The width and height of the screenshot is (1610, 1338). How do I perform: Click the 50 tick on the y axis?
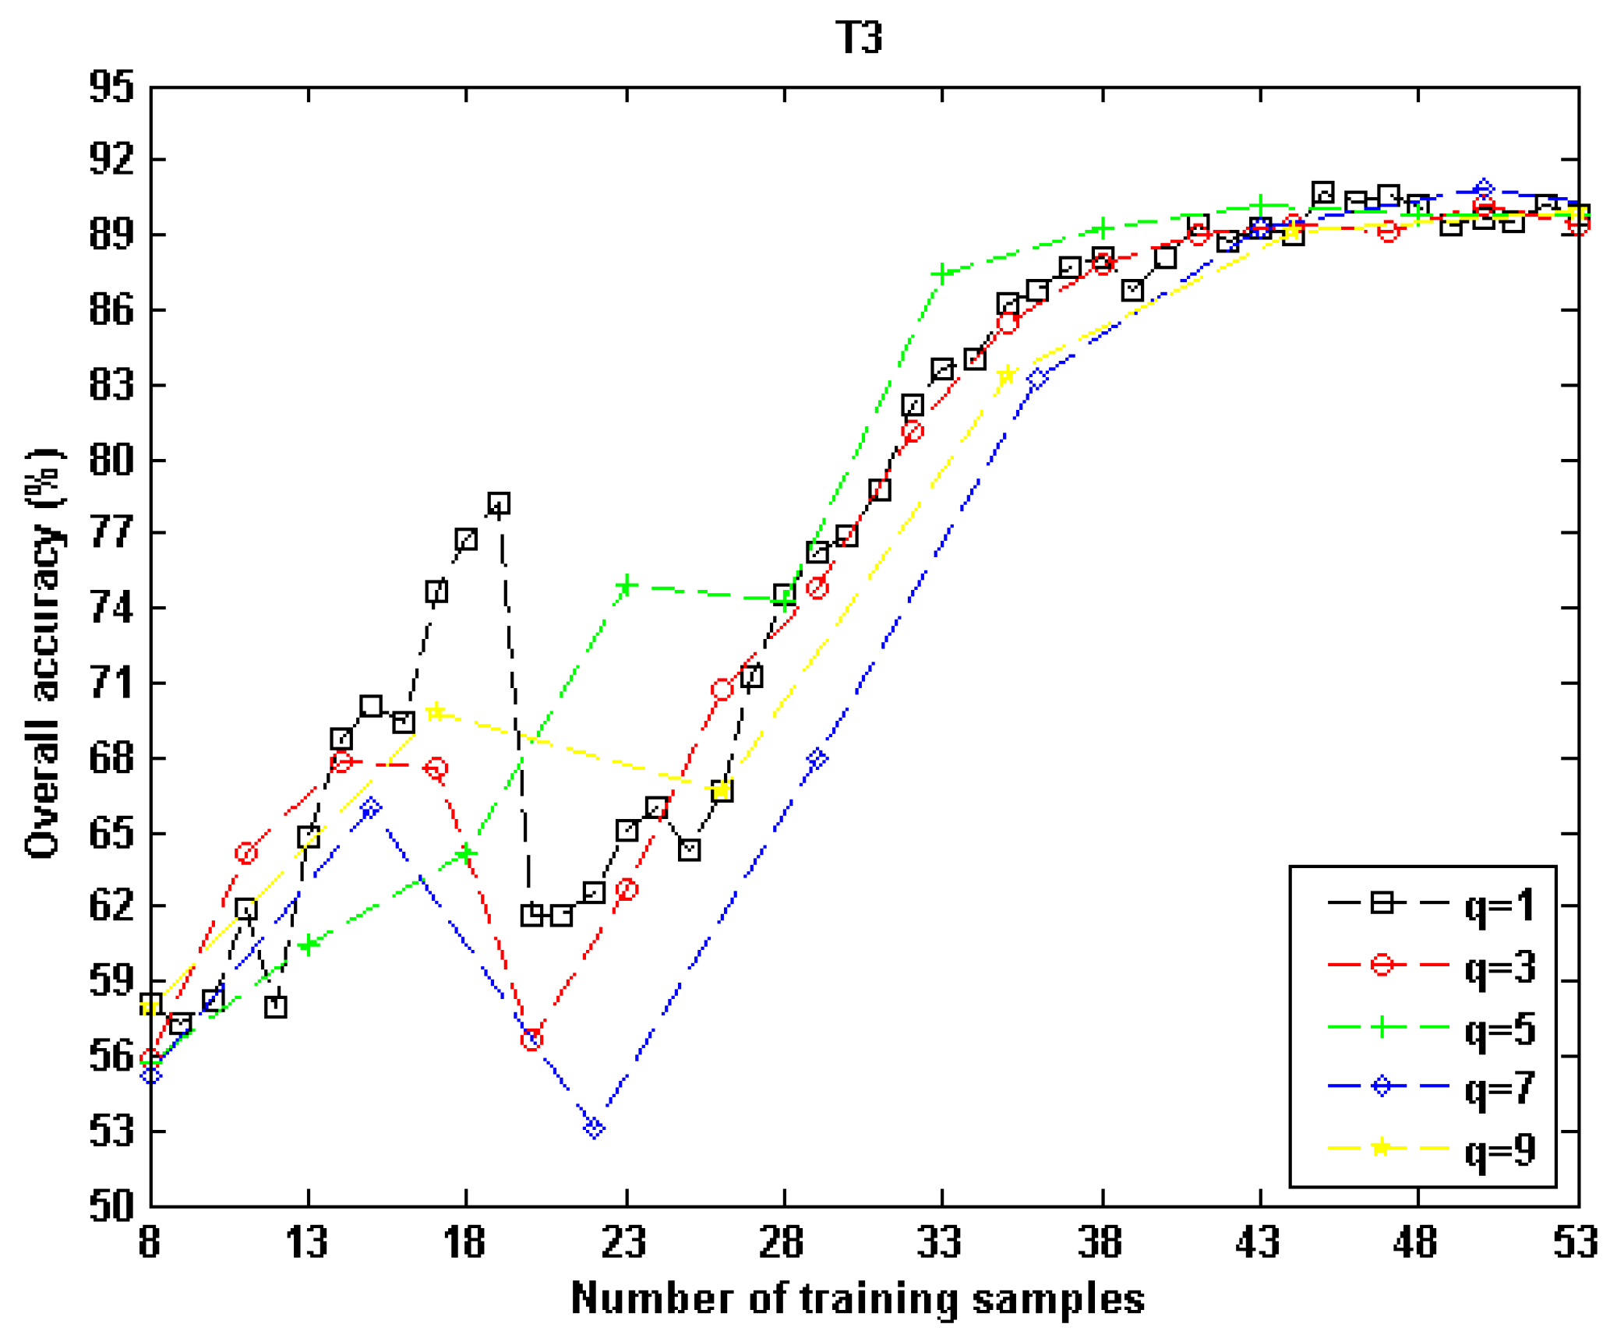coord(111,1206)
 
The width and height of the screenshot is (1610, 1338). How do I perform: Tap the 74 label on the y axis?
coord(111,608)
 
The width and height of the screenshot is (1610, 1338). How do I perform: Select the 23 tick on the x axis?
coord(624,1242)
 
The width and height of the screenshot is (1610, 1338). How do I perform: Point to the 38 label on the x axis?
coord(1100,1242)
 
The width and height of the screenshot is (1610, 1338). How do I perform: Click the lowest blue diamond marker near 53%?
coord(594,1128)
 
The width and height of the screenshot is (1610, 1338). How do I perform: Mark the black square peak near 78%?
coord(499,503)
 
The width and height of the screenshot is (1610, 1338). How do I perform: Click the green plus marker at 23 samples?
coord(626,586)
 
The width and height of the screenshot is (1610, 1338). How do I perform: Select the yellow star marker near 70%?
coord(436,711)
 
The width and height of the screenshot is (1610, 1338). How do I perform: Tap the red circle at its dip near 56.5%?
coord(531,1040)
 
